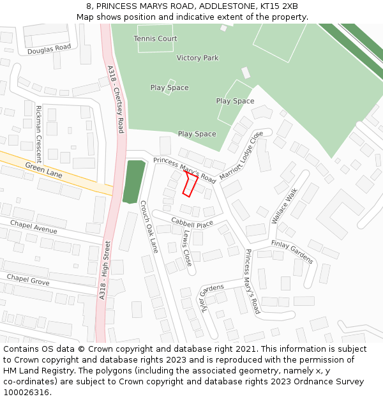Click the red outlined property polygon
[190, 183]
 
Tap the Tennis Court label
[155, 39]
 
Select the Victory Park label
[197, 58]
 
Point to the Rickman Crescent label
[39, 134]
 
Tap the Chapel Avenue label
[33, 227]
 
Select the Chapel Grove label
[27, 279]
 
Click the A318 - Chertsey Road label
[116, 99]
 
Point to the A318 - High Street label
[105, 269]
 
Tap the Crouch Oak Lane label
[148, 227]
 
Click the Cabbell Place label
[191, 223]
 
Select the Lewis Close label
[186, 248]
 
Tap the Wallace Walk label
[285, 206]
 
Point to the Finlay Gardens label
[292, 252]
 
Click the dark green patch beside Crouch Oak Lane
[133, 182]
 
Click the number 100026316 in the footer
[25, 392]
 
